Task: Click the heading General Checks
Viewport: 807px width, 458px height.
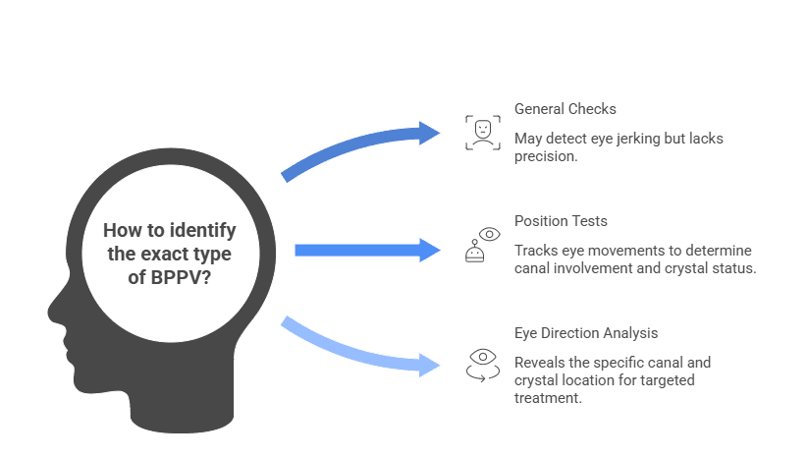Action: pos(565,108)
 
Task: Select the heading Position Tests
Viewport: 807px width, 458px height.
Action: pos(560,221)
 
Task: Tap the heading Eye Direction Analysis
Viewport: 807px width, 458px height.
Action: pos(586,333)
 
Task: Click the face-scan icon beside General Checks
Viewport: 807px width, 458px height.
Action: pos(482,132)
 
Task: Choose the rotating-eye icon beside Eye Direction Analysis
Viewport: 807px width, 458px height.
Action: pos(482,363)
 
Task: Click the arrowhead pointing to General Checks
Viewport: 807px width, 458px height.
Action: pos(430,133)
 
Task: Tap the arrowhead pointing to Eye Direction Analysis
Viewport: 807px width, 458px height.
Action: pos(430,366)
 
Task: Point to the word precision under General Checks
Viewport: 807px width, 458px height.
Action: pos(546,156)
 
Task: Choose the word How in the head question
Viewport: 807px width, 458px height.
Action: pos(121,230)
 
